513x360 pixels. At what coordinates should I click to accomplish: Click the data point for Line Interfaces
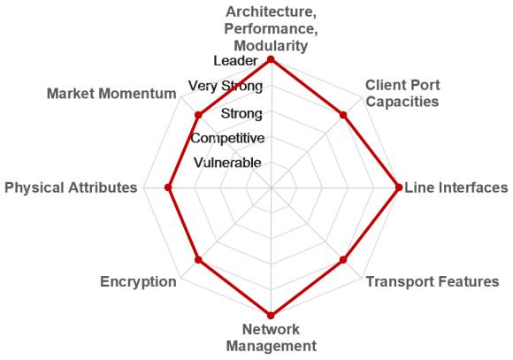point(399,188)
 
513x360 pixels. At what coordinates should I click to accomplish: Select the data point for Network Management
point(271,316)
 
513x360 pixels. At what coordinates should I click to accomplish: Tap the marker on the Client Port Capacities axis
point(343,115)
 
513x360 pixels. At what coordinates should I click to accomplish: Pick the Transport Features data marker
point(343,260)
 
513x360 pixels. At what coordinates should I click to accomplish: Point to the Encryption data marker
point(198,260)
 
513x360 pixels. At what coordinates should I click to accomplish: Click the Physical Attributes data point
point(168,188)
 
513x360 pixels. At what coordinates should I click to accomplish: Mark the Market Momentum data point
point(198,115)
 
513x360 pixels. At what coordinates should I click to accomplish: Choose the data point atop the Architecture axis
point(271,59)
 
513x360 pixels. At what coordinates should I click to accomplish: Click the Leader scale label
point(235,61)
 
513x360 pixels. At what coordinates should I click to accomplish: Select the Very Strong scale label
point(226,86)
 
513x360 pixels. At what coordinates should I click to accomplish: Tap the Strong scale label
point(241,113)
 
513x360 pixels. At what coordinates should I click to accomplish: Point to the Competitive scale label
point(227,138)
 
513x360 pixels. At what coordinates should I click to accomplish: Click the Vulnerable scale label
point(227,163)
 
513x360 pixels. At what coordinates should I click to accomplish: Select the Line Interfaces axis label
point(456,188)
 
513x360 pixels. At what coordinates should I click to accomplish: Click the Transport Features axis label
point(433,281)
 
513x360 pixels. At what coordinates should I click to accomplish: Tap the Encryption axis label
point(138,282)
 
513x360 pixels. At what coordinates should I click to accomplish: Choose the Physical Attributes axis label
point(71,188)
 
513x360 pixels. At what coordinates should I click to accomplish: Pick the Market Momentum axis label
point(111,94)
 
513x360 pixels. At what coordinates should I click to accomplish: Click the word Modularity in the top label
point(271,45)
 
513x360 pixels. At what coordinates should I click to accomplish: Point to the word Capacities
point(402,102)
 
